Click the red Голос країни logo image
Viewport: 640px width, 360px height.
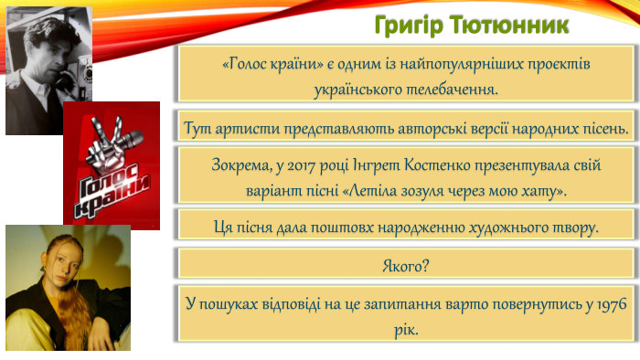pos(111,164)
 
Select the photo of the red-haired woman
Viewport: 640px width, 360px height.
pos(68,288)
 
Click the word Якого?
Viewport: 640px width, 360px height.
pos(406,265)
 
